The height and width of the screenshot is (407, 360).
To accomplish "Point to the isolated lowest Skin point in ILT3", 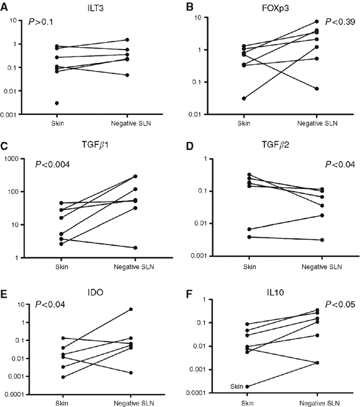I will (x=57, y=103).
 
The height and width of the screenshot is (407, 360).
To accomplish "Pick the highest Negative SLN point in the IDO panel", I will (x=130, y=309).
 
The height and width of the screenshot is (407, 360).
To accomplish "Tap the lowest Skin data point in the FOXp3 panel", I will (x=244, y=98).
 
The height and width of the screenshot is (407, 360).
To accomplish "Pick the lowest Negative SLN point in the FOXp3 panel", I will (x=317, y=89).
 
